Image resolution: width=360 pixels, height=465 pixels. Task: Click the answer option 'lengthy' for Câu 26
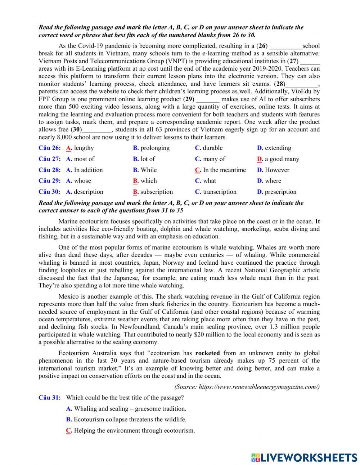pos(84,148)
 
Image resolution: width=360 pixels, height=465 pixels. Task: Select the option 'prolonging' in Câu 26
pos(155,148)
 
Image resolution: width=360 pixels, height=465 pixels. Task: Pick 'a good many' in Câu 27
pos(282,159)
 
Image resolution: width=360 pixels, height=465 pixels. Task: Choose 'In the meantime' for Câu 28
pos(224,170)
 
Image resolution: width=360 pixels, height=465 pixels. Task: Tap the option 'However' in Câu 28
pos(277,170)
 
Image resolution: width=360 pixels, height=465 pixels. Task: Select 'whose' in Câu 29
pos(82,181)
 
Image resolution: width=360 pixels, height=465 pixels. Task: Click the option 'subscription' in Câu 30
pos(157,192)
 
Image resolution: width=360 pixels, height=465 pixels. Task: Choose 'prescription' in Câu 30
pos(280,192)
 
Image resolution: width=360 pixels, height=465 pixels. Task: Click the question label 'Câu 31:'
pos(49,398)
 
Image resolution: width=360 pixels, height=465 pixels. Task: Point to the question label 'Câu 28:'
pos(49,170)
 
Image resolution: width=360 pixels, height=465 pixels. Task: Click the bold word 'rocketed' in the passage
pos(207,353)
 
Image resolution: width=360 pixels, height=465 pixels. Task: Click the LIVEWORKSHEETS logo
pos(304,458)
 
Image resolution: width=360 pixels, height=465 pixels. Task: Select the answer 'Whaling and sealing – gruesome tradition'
pos(130,409)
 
